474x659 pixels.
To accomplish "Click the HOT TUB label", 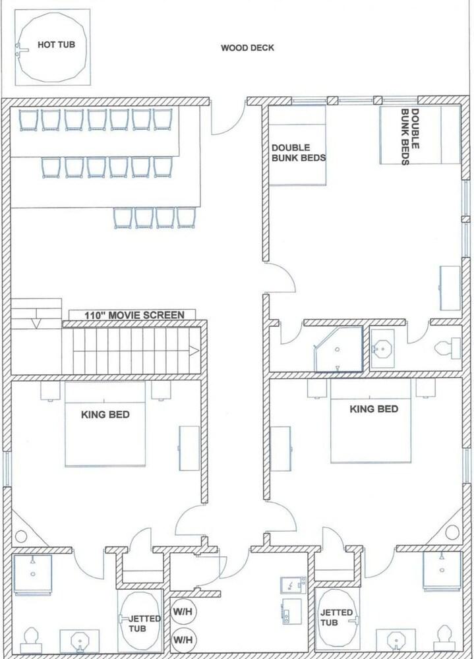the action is [x=56, y=45].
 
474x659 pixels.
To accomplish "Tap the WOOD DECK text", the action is [x=247, y=48].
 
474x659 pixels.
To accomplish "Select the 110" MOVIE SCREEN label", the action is [x=134, y=315].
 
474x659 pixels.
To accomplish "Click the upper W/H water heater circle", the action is [x=183, y=612].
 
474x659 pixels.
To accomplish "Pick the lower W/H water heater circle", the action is [x=183, y=640].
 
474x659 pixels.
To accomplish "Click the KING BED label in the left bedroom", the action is [x=105, y=415].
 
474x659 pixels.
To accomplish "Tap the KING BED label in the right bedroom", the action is [x=374, y=409].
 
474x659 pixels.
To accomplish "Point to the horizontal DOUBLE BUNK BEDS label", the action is [x=299, y=153].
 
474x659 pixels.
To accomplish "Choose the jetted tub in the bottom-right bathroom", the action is [x=338, y=618].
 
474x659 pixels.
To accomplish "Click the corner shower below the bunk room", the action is [x=338, y=349].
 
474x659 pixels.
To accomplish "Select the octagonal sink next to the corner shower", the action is [x=383, y=349].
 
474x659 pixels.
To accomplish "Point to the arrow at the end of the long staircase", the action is [x=194, y=351].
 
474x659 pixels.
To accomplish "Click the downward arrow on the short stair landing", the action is [x=37, y=323].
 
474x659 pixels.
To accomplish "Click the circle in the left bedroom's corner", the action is [x=21, y=536].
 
